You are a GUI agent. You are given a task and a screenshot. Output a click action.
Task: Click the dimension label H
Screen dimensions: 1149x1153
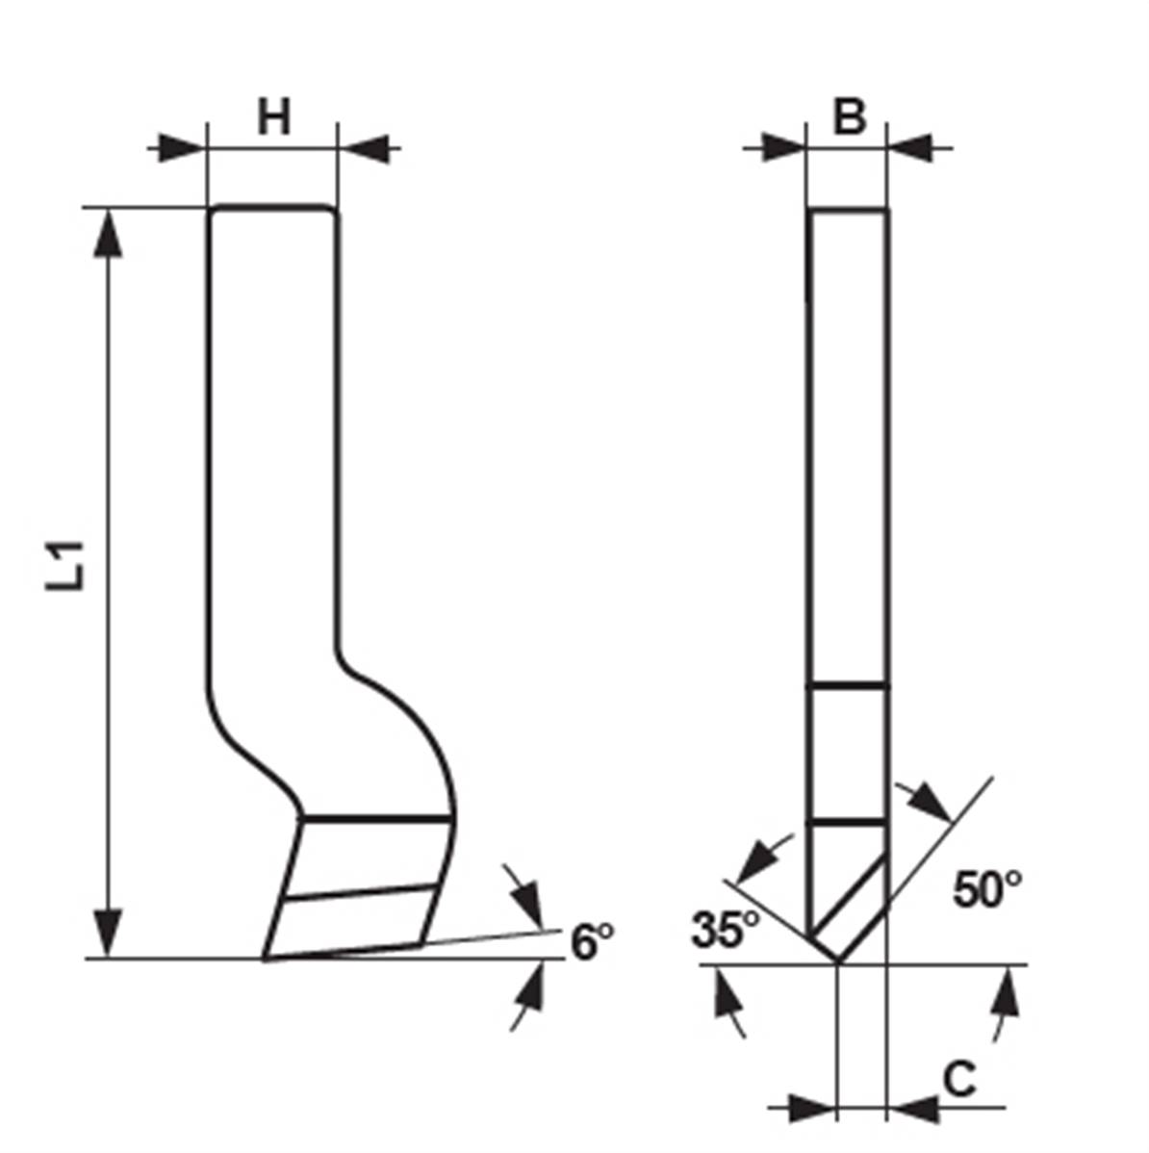click(274, 116)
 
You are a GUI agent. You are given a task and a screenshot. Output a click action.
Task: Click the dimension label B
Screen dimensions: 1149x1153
click(849, 116)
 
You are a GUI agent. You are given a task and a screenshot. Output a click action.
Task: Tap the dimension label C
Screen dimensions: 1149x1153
click(959, 1080)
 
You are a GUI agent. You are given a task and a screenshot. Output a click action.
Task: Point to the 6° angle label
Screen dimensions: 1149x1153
click(592, 941)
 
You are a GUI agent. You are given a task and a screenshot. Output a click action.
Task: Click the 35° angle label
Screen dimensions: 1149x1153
click(725, 929)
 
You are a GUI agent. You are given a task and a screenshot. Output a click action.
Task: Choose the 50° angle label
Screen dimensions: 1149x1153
click(986, 889)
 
